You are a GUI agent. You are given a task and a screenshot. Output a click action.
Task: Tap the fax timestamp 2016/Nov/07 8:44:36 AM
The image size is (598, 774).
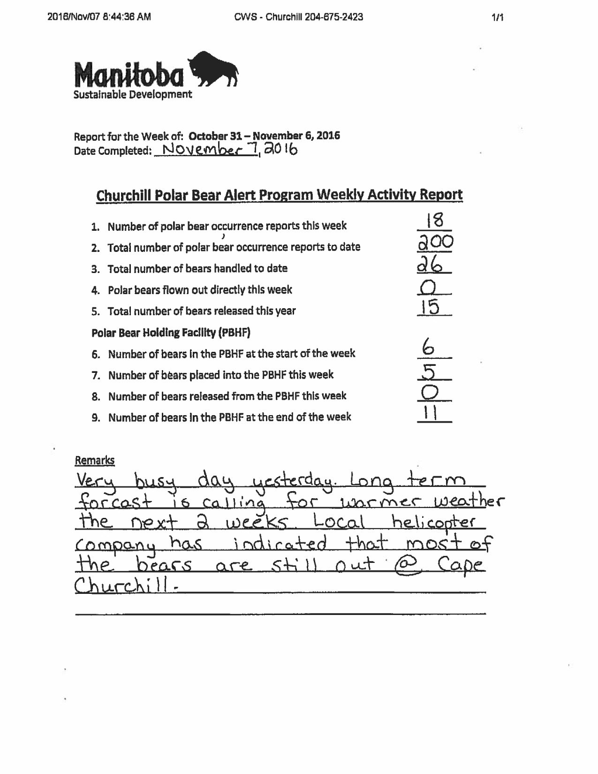[x=99, y=17]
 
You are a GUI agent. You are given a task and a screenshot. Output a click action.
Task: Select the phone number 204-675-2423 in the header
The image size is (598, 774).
[x=333, y=17]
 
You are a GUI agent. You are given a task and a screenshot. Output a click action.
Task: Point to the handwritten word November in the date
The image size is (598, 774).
[x=206, y=150]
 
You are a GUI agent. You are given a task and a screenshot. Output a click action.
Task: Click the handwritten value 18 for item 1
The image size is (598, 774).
[x=433, y=220]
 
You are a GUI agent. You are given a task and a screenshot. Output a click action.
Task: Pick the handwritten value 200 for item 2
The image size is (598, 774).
[x=435, y=242]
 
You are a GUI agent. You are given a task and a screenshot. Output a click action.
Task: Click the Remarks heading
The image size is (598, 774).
[x=94, y=461]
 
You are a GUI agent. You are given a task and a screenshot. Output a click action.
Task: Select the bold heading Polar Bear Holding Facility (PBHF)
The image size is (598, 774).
[x=171, y=333]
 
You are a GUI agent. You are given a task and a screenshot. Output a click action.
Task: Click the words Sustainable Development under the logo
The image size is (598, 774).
[x=133, y=94]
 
